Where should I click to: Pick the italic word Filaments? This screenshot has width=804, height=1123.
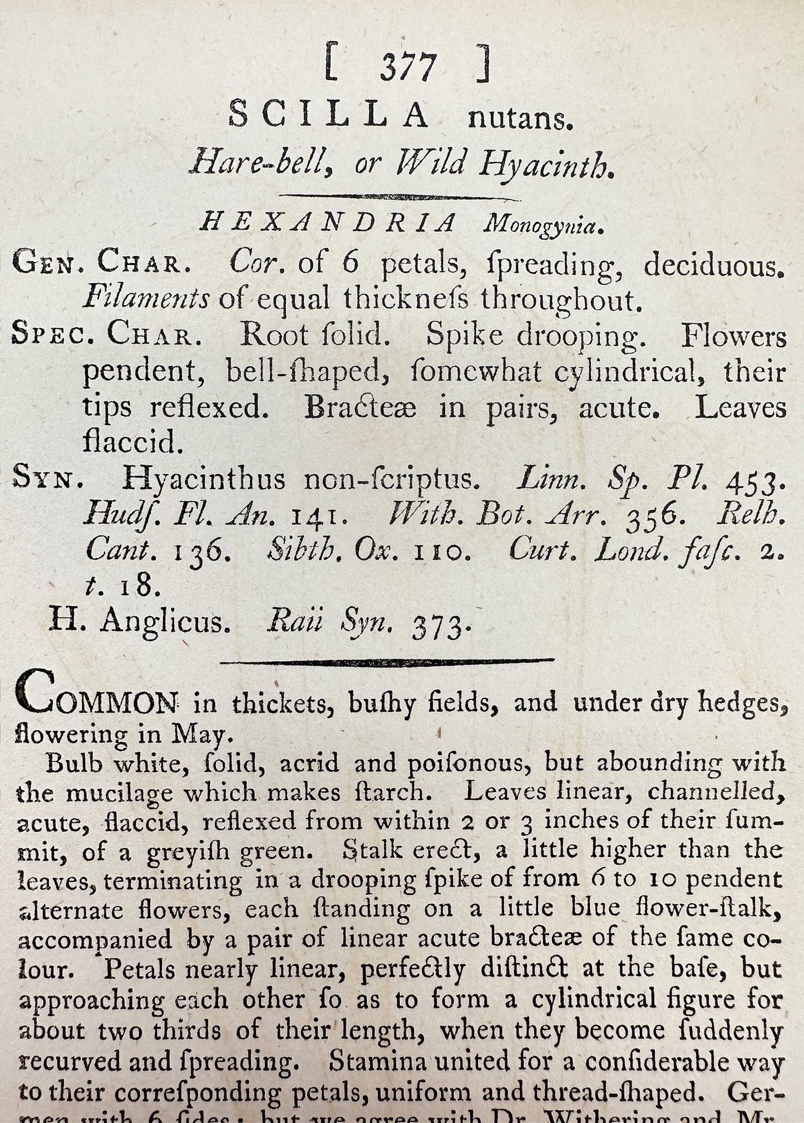tap(146, 299)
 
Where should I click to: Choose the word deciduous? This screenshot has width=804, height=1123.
tap(714, 266)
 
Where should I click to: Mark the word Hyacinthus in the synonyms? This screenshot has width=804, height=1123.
tap(204, 479)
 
